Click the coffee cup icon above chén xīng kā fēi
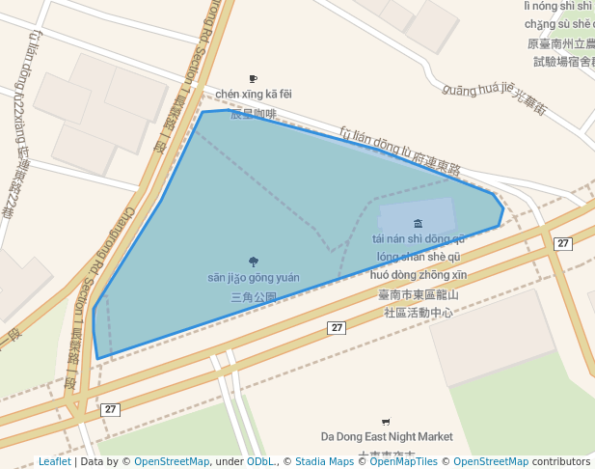coord(254,79)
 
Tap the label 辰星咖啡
coord(253,114)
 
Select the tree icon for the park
coord(254,262)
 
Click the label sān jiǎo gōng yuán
coord(254,278)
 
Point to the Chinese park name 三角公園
coord(254,297)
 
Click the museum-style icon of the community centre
coord(418,224)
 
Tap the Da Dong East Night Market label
coord(387,437)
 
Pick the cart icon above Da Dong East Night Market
coord(387,422)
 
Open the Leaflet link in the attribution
coord(54,461)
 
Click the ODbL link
coord(260,461)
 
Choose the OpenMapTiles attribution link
coord(398,461)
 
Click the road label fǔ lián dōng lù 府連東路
coord(399,151)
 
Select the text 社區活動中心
coord(419,313)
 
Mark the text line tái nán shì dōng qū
coord(419,239)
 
